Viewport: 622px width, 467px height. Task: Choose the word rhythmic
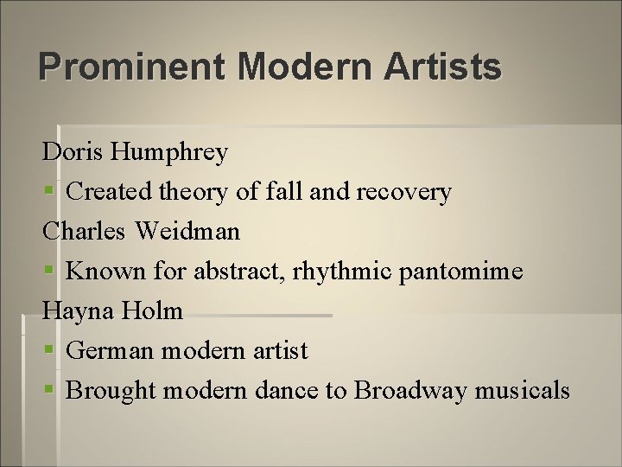click(x=344, y=272)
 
